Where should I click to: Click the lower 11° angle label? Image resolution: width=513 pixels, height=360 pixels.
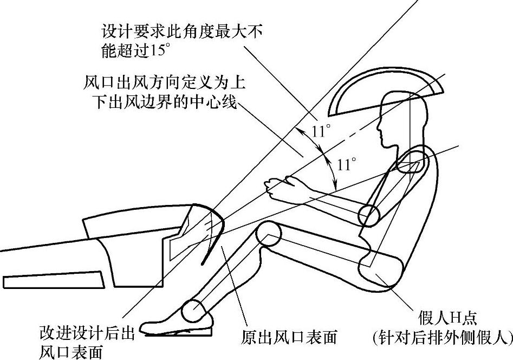pos(346,164)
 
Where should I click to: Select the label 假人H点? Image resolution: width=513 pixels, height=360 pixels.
pos(446,317)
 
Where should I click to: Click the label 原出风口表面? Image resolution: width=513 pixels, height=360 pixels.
pos(289,338)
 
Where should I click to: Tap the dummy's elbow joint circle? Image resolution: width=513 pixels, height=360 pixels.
pos(371,216)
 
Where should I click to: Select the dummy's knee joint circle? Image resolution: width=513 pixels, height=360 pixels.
pos(268,234)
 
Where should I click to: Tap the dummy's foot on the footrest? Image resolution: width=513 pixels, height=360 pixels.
pos(168,324)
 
